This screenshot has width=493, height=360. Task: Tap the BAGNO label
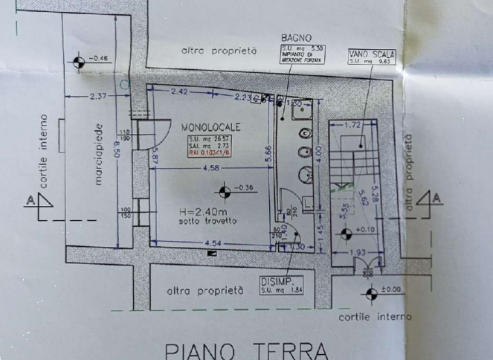296,39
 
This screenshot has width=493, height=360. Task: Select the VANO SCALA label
370,55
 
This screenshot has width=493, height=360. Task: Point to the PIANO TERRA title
245,350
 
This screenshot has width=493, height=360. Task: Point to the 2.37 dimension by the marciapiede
98,97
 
